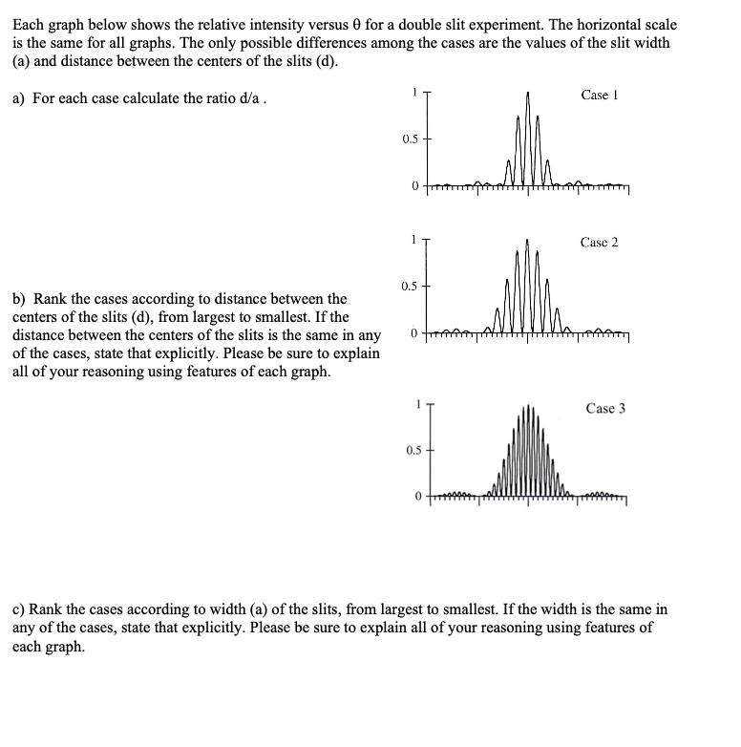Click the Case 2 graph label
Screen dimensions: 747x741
coord(599,242)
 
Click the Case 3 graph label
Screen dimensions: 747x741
coord(606,408)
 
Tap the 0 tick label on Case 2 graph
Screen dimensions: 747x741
coord(413,333)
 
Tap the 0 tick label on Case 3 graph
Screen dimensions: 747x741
coord(416,497)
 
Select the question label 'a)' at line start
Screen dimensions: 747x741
coord(19,99)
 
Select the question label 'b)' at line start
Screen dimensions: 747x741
coord(19,300)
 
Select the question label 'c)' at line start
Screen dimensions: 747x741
coord(19,608)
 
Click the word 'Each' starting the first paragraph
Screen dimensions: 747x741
coord(28,10)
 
